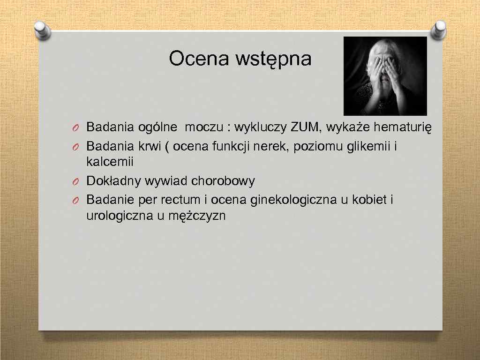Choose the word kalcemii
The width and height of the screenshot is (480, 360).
click(x=110, y=162)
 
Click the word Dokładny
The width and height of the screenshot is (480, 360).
click(x=114, y=181)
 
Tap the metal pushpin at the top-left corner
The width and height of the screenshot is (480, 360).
click(x=43, y=31)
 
